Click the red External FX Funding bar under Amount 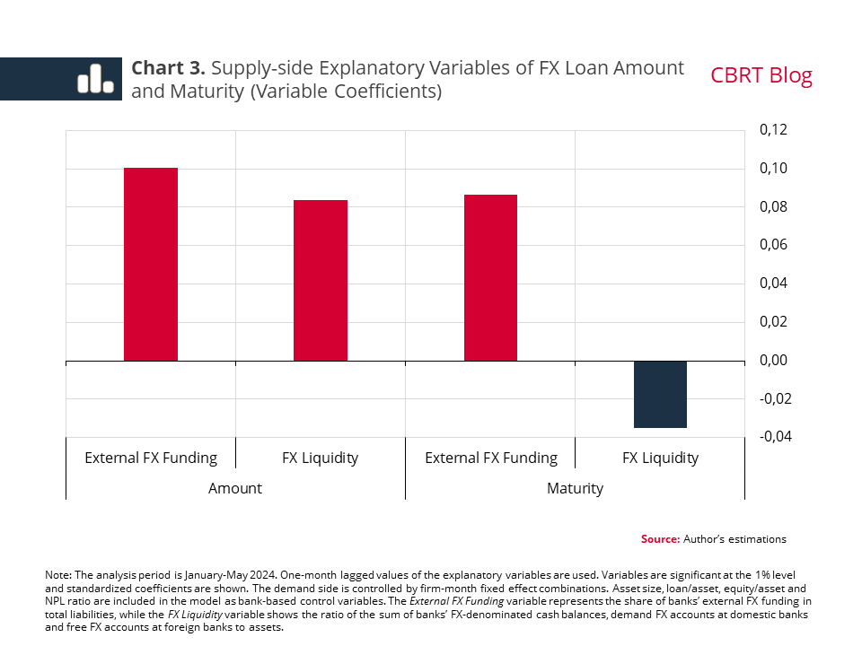pyautogui.click(x=151, y=265)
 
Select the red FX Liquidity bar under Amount pyautogui.click(x=321, y=281)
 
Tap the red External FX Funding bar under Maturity pyautogui.click(x=490, y=278)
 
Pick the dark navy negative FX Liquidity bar pyautogui.click(x=660, y=395)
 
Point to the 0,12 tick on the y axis pyautogui.click(x=773, y=130)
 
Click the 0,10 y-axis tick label pyautogui.click(x=773, y=169)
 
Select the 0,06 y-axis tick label pyautogui.click(x=773, y=245)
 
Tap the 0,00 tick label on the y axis pyautogui.click(x=773, y=361)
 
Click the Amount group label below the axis pyautogui.click(x=235, y=488)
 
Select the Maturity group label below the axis pyautogui.click(x=575, y=488)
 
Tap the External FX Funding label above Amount pyautogui.click(x=151, y=458)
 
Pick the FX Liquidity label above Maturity pyautogui.click(x=660, y=458)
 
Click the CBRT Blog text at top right pyautogui.click(x=761, y=75)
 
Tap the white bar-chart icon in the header pyautogui.click(x=95, y=79)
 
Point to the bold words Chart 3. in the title pyautogui.click(x=169, y=68)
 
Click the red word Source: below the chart pyautogui.click(x=660, y=539)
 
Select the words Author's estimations pyautogui.click(x=734, y=539)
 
